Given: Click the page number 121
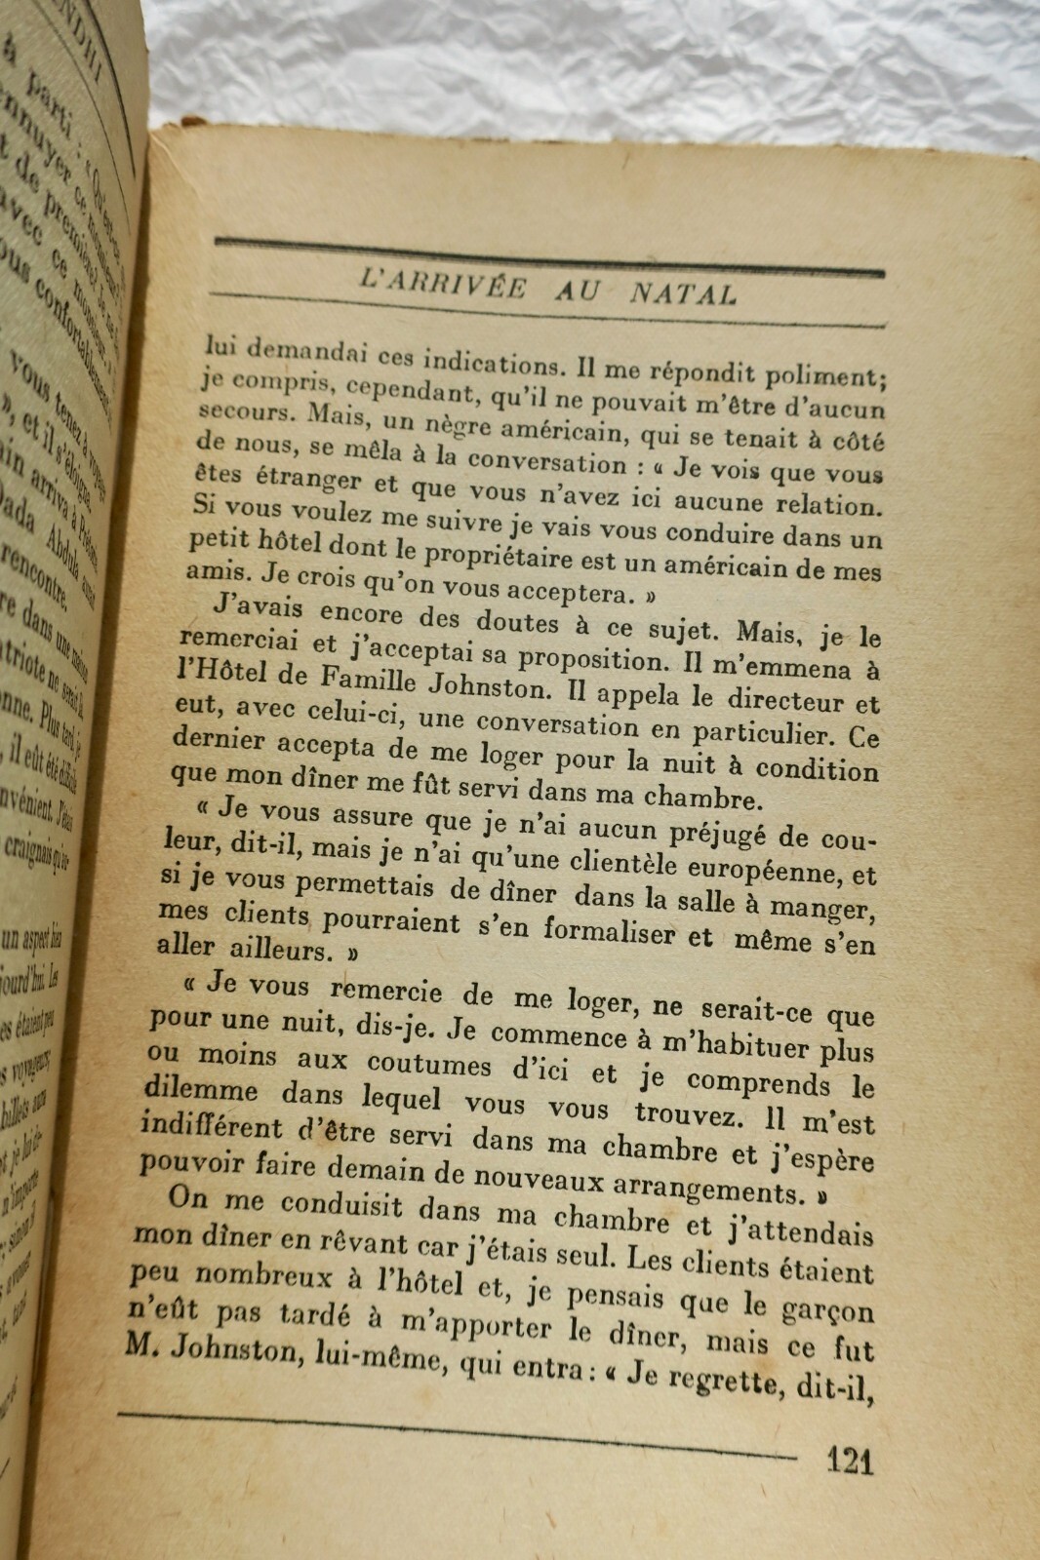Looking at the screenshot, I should tap(850, 1460).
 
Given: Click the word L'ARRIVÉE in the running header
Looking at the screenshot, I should tap(444, 284).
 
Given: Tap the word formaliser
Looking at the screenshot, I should tap(610, 931).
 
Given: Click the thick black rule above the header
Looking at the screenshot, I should tap(546, 255).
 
